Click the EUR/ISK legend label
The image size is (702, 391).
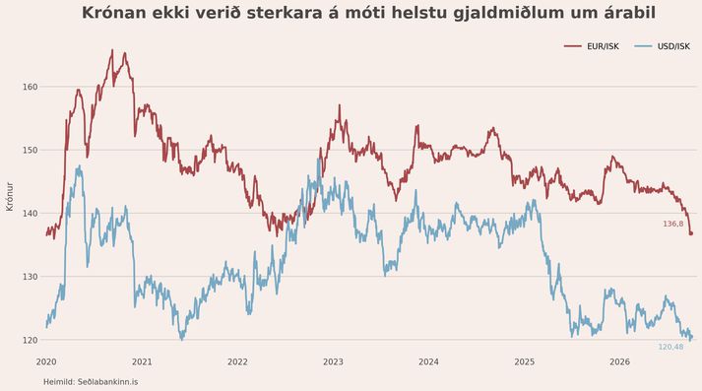(603, 46)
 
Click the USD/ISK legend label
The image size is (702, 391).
(673, 46)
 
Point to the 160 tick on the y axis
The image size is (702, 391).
(30, 87)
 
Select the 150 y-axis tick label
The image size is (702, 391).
(30, 150)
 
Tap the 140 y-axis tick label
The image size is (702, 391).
(30, 213)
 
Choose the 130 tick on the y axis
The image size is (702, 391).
(30, 277)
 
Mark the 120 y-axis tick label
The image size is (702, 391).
(30, 340)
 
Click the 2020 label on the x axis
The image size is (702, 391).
(46, 361)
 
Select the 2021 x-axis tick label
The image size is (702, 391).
(142, 361)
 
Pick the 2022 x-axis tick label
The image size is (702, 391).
(237, 361)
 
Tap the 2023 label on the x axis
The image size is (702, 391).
(333, 361)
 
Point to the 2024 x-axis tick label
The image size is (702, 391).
(429, 361)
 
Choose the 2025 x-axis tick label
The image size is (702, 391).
(525, 361)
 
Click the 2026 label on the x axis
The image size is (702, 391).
(620, 361)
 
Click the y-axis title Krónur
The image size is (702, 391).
(10, 197)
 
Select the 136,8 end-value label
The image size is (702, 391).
(673, 224)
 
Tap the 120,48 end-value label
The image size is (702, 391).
(671, 347)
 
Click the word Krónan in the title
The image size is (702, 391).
(114, 13)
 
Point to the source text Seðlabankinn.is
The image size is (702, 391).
(108, 382)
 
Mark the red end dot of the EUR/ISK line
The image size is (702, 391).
(691, 233)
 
